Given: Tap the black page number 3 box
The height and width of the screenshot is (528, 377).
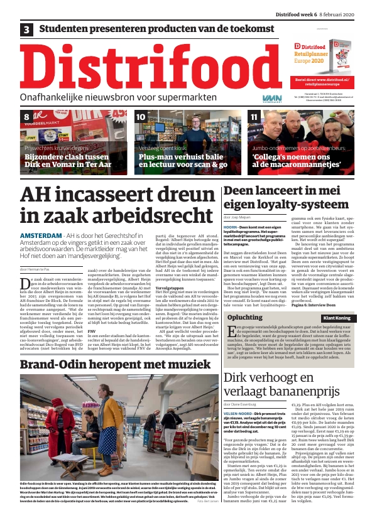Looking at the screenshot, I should [27, 30].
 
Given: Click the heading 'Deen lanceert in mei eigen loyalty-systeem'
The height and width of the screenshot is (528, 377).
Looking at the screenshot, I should [288, 197].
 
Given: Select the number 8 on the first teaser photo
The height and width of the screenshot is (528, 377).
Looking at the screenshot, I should [26, 117].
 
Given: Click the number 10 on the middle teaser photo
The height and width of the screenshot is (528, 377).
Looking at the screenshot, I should [141, 117].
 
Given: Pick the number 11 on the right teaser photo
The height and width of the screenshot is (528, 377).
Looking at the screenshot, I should [253, 117].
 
